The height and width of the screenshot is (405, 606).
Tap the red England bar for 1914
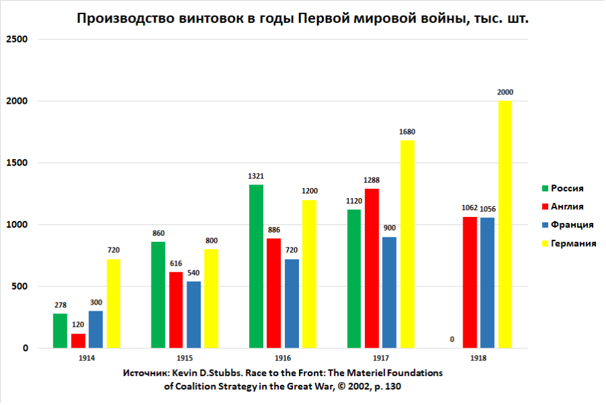coord(78,341)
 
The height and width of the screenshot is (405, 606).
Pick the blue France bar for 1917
coord(389,292)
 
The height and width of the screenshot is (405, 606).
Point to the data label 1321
coord(256,177)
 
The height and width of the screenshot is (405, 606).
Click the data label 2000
coord(505,92)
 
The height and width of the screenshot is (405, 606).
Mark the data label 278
coord(60,305)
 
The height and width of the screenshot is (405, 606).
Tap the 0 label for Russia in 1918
coord(451,340)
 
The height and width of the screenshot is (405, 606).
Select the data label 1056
coord(487,209)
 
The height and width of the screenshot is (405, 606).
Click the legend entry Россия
coord(567,188)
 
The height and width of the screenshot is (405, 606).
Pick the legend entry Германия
coord(574,243)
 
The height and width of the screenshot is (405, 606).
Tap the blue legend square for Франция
coord(545,225)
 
